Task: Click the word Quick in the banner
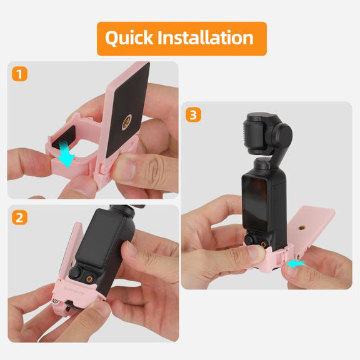(129, 38)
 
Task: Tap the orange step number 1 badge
(19, 74)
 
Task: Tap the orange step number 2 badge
(19, 217)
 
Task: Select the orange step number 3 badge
(193, 115)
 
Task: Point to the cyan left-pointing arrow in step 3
(295, 264)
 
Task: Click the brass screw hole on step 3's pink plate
(301, 228)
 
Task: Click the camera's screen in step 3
(254, 204)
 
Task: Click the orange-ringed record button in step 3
(263, 244)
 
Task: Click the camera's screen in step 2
(98, 239)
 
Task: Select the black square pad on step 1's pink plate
(127, 111)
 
